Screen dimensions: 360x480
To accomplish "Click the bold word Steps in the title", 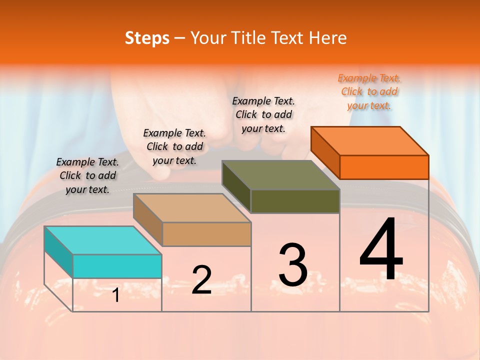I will point(147,38).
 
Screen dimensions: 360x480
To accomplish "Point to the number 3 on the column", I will point(293,265).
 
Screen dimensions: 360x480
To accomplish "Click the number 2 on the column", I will point(201,279).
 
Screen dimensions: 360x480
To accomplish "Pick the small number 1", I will point(116,295).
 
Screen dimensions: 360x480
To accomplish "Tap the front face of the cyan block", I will point(117,266).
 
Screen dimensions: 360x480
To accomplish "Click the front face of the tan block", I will point(206,234).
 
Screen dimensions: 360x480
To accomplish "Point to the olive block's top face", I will point(280,175).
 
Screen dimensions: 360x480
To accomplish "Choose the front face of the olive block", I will point(295,201).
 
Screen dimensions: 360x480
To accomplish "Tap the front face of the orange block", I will point(384,167).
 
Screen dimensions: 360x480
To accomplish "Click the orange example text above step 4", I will point(369,92).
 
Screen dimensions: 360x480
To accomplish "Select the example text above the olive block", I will point(263,114).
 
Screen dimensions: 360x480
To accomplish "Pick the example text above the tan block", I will point(174,146).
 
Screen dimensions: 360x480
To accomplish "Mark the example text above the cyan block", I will point(87,175).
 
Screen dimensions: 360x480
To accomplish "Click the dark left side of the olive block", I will point(236,186).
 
